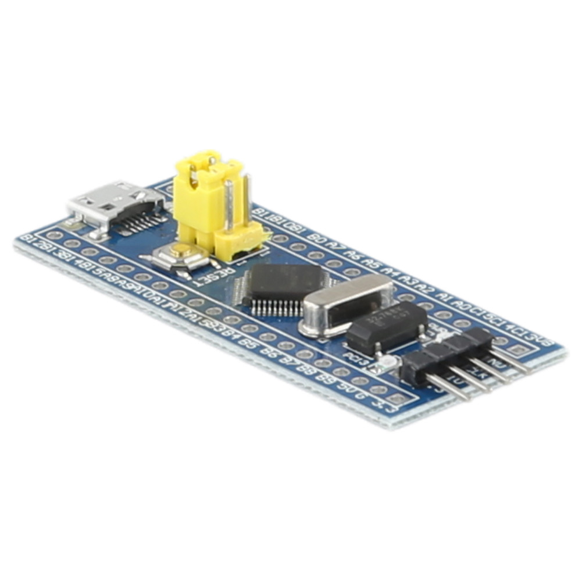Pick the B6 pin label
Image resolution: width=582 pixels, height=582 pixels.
click(x=269, y=351)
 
